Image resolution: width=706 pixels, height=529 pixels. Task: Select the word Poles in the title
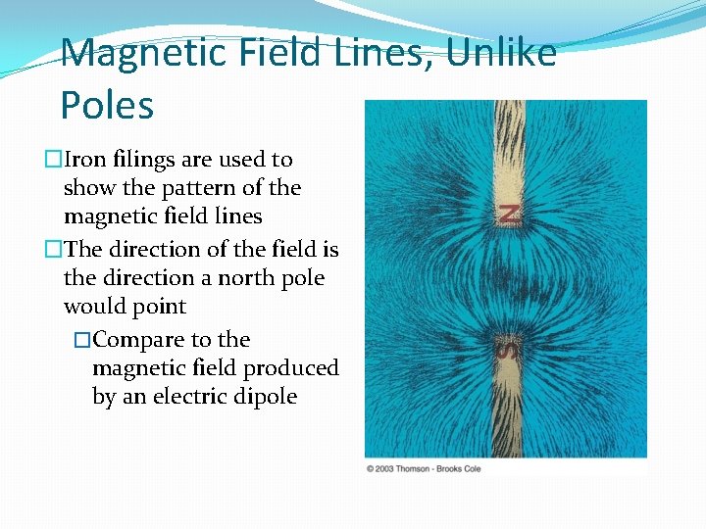click(107, 104)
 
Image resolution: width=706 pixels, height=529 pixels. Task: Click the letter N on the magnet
click(509, 214)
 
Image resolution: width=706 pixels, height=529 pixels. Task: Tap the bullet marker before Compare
click(82, 340)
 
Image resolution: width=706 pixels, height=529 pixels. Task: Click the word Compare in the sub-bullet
click(140, 340)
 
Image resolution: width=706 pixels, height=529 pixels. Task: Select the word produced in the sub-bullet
click(293, 368)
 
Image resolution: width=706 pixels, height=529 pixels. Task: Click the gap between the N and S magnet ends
click(509, 279)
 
